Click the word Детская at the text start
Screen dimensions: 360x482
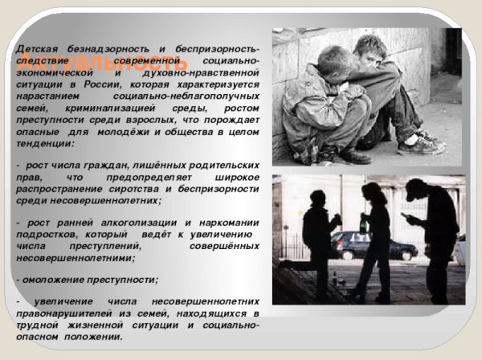click(x=38, y=49)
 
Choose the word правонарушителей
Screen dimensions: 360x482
click(x=67, y=311)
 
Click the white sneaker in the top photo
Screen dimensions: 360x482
click(x=421, y=145)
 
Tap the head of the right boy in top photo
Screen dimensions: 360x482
click(x=371, y=49)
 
